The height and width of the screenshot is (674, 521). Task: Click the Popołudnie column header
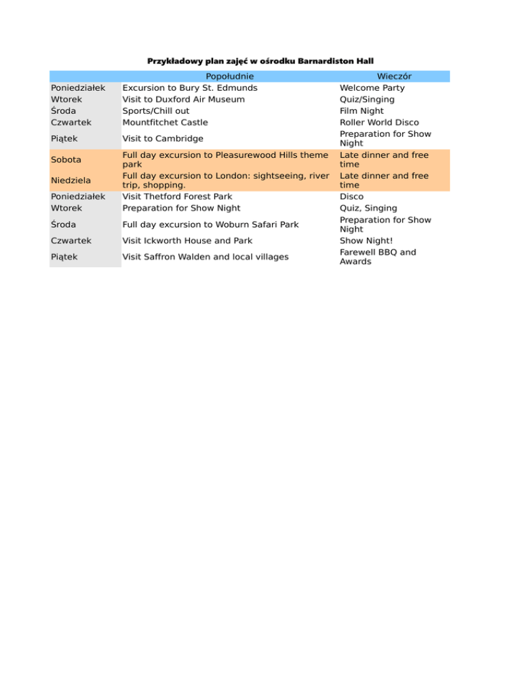tap(229, 76)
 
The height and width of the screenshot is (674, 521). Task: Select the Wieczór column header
tap(394, 76)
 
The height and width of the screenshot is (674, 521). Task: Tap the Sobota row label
tap(65, 159)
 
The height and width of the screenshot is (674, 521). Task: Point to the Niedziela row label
tap(70, 180)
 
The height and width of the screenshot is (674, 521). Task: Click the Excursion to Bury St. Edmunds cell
tap(189, 87)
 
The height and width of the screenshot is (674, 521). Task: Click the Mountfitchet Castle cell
tap(165, 122)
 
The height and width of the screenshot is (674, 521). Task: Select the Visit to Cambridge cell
tap(162, 138)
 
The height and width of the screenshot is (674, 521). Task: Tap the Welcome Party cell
tap(372, 87)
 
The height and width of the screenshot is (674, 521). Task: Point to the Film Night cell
tap(362, 111)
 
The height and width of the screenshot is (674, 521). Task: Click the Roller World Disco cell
tap(380, 122)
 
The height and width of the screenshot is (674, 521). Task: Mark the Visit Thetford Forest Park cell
tap(177, 197)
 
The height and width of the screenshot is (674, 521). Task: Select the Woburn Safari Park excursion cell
tap(210, 224)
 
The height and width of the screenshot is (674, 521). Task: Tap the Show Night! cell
tap(366, 241)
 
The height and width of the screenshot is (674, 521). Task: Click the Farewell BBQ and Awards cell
tap(377, 257)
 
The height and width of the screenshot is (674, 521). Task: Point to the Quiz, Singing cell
tap(368, 208)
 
